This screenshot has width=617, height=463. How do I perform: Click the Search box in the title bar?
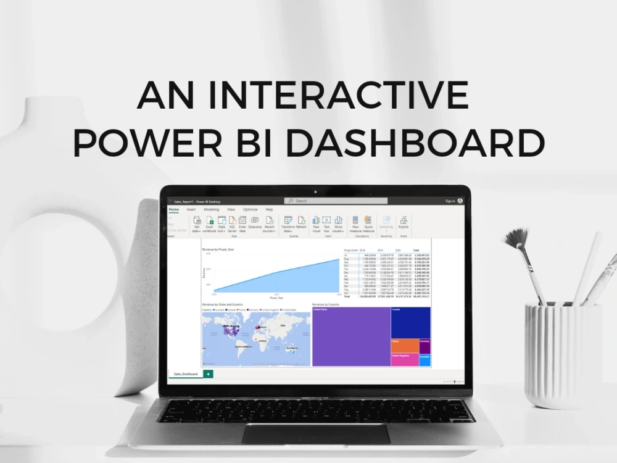(x=336, y=201)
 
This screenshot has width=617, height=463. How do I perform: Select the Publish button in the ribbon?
(x=404, y=223)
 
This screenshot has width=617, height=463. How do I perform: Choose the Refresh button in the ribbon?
(x=301, y=223)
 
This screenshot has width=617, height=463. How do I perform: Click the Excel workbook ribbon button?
(x=210, y=223)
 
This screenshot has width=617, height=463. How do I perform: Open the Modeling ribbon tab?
(x=211, y=209)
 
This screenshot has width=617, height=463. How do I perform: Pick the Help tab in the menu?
(x=269, y=209)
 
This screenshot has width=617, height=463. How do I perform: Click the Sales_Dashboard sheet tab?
(x=186, y=374)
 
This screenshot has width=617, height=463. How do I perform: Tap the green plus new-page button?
(x=208, y=374)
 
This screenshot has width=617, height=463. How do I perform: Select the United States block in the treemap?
(x=350, y=336)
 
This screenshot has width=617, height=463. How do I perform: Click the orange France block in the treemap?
(x=404, y=346)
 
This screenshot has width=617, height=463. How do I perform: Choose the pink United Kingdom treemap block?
(x=404, y=360)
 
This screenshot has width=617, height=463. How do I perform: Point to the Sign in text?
(x=450, y=201)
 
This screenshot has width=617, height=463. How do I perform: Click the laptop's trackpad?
(x=315, y=433)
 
